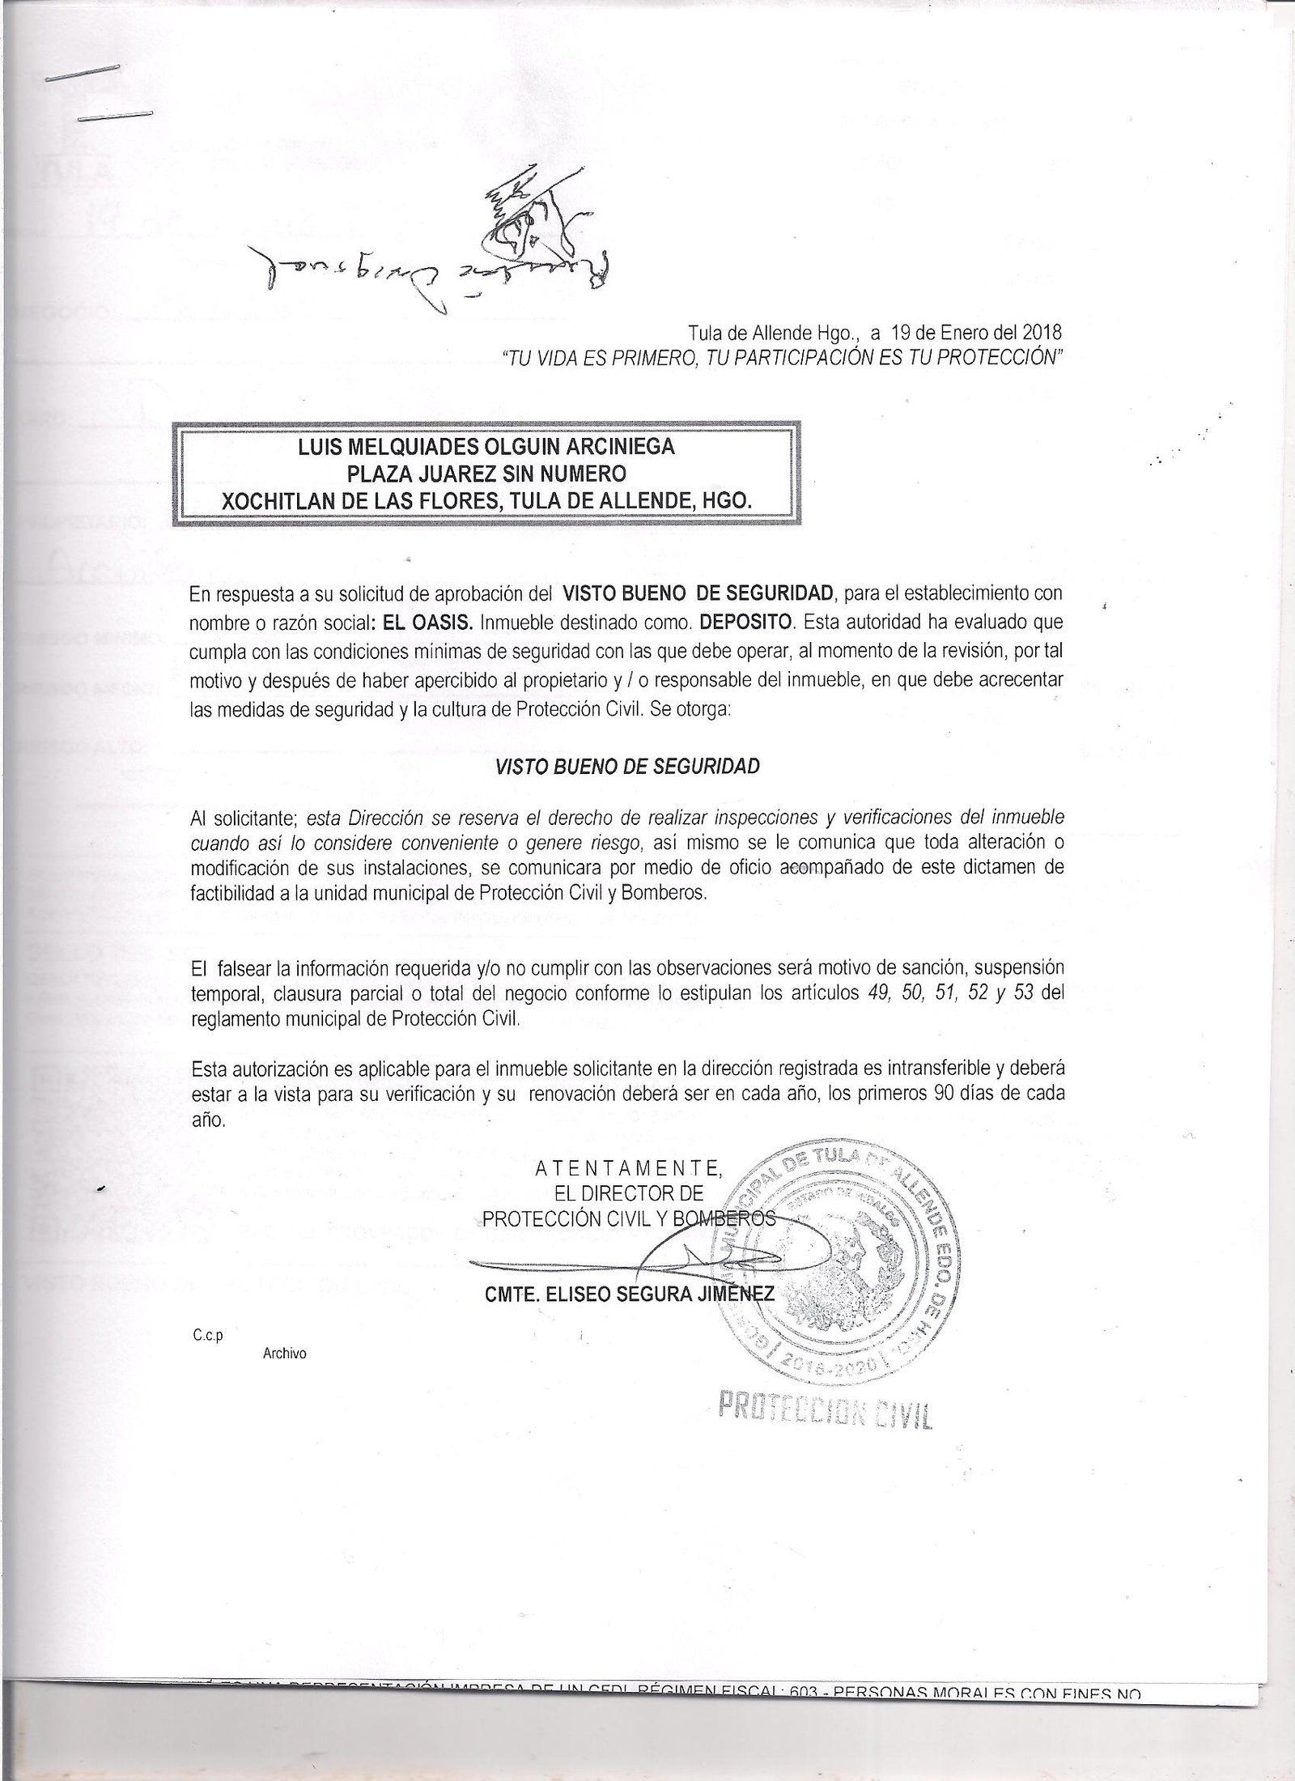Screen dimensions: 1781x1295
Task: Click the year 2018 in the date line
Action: [x=1042, y=333]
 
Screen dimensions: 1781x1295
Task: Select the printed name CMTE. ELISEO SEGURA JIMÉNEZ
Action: [x=630, y=1296]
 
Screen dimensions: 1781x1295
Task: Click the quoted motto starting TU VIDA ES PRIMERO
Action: [x=781, y=358]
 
